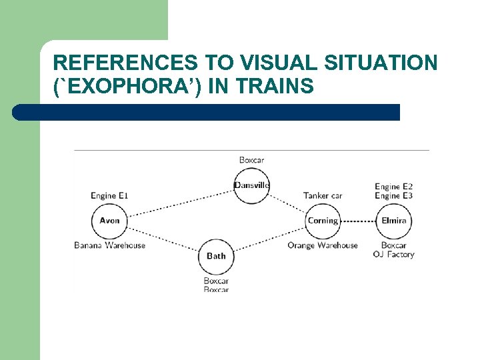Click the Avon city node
point(109,221)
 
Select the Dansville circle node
point(251,185)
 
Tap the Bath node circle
point(216,256)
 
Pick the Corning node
point(323,221)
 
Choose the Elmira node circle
point(393,221)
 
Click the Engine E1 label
point(109,196)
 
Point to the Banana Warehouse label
point(109,245)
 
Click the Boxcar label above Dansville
point(251,160)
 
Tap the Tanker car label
point(323,196)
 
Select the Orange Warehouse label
point(323,245)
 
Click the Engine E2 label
point(393,187)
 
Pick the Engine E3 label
point(393,196)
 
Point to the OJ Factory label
point(393,255)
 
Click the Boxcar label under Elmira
point(393,245)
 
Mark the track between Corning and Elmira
point(358,221)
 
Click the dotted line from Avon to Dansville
point(180,203)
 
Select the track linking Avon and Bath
point(163,238)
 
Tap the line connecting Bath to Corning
point(270,238)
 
